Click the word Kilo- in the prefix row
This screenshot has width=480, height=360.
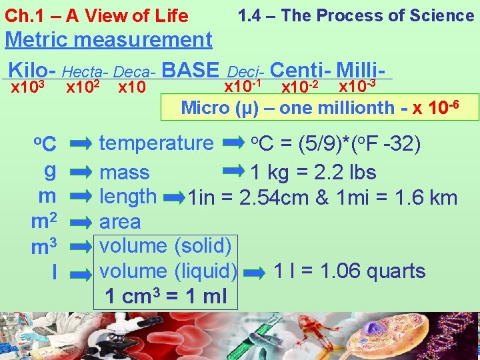[32, 70]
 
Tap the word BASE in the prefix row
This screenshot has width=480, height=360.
[190, 69]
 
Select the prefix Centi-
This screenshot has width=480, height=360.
[301, 69]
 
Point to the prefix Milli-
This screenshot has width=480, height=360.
[363, 69]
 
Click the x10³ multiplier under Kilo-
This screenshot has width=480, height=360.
[28, 87]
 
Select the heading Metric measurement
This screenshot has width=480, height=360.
[108, 40]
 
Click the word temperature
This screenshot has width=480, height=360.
[156, 142]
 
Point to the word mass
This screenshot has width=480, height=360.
[124, 173]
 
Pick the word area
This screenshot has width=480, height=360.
[120, 221]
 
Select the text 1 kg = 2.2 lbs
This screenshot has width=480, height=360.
[313, 173]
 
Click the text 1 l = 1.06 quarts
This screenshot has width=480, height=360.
[349, 271]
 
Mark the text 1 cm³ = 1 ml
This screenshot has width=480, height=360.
[165, 296]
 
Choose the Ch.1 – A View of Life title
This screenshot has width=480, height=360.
[97, 15]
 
